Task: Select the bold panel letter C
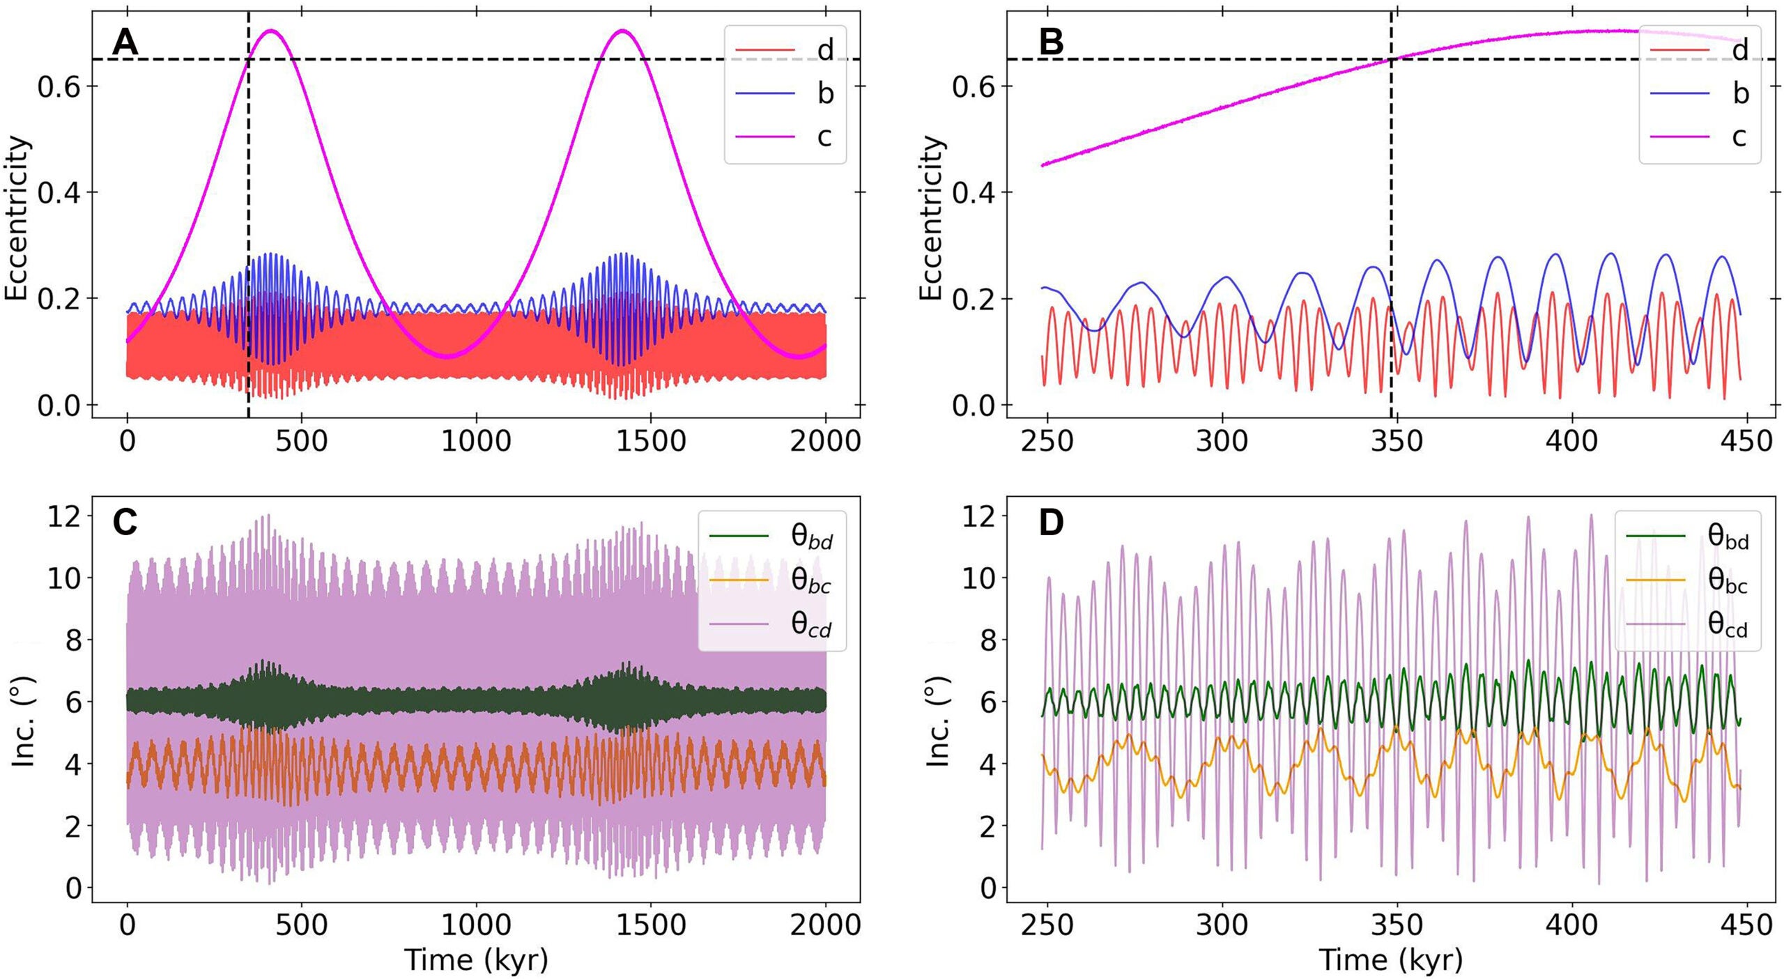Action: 125,523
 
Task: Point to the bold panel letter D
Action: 1051,523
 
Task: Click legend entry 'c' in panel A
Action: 824,137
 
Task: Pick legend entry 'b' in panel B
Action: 1740,93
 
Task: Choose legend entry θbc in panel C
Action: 810,580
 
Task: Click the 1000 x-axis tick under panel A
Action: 476,442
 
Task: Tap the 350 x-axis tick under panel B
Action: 1397,442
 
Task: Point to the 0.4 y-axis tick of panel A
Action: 58,192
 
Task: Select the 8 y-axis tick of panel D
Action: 987,640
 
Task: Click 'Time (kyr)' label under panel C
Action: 476,960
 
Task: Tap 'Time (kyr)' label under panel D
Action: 1390,960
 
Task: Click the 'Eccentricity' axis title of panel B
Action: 931,218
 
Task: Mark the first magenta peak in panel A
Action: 272,31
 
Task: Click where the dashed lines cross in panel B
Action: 1391,59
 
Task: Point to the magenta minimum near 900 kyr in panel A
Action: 448,356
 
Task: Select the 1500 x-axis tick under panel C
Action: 650,925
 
